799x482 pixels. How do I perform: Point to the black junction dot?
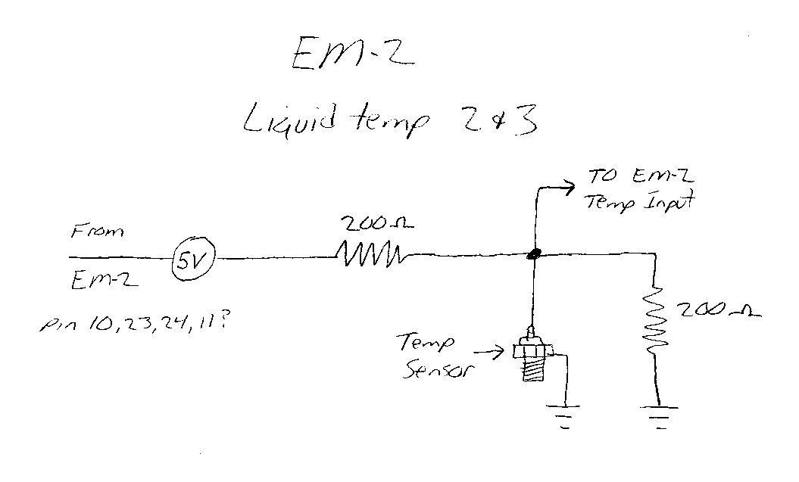pos(535,255)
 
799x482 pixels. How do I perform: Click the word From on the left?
pos(98,232)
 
